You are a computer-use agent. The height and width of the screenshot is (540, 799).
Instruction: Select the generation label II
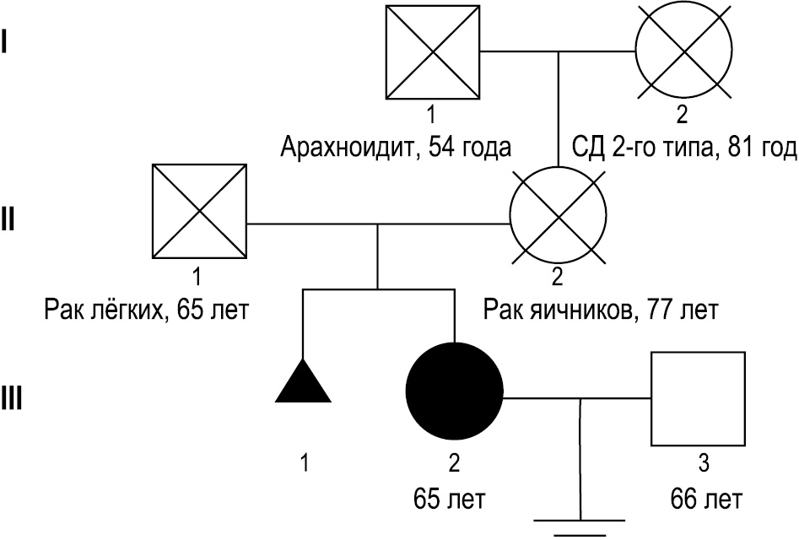(x=9, y=221)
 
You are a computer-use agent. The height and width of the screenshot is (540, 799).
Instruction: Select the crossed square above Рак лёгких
(x=200, y=212)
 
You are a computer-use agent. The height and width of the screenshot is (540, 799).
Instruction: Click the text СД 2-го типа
(x=632, y=148)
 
